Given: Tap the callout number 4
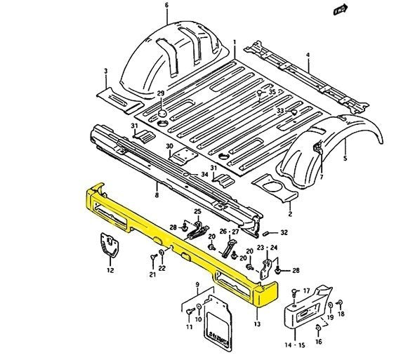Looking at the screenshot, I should (308, 54).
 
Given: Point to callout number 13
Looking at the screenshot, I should (257, 325).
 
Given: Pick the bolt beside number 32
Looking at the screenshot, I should (268, 234).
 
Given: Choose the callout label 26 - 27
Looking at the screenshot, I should (228, 231).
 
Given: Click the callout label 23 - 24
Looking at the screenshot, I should (269, 248).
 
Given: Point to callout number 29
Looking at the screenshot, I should (160, 93).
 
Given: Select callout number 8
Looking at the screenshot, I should (157, 195).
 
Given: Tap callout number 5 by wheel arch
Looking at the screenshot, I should (345, 159).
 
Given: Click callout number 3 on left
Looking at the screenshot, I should (105, 71).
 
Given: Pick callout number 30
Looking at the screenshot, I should (169, 146).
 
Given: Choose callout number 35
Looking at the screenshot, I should (273, 92).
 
